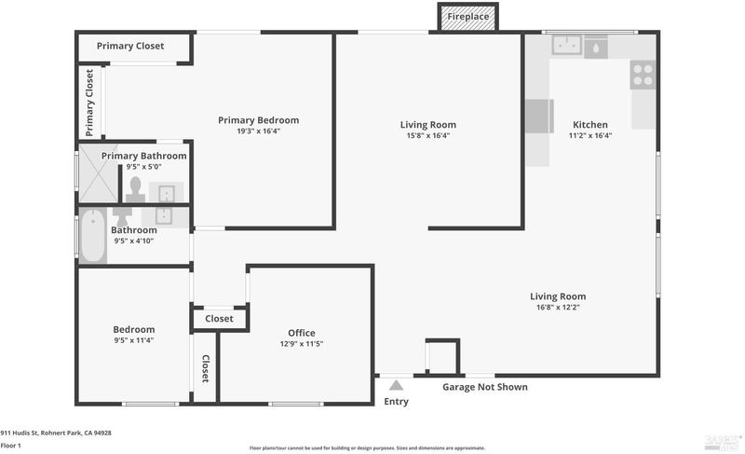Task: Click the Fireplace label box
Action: [468, 17]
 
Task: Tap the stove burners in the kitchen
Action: [643, 76]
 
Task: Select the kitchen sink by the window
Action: [567, 45]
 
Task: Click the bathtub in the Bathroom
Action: [92, 236]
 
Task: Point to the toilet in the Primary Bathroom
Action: [135, 189]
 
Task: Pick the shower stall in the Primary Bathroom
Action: [99, 173]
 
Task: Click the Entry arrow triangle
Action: [397, 385]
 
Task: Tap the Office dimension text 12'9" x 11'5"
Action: [301, 344]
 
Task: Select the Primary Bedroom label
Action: [259, 120]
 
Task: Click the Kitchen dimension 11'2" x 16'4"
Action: [590, 135]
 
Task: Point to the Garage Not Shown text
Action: [485, 387]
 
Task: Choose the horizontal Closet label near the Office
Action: [219, 319]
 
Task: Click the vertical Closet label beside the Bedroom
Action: [205, 368]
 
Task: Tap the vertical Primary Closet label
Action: [89, 103]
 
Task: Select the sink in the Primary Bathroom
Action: [167, 194]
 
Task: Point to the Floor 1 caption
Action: [10, 446]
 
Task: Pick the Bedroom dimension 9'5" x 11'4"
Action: [133, 340]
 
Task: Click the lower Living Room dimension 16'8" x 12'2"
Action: [558, 307]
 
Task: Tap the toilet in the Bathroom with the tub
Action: [123, 217]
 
